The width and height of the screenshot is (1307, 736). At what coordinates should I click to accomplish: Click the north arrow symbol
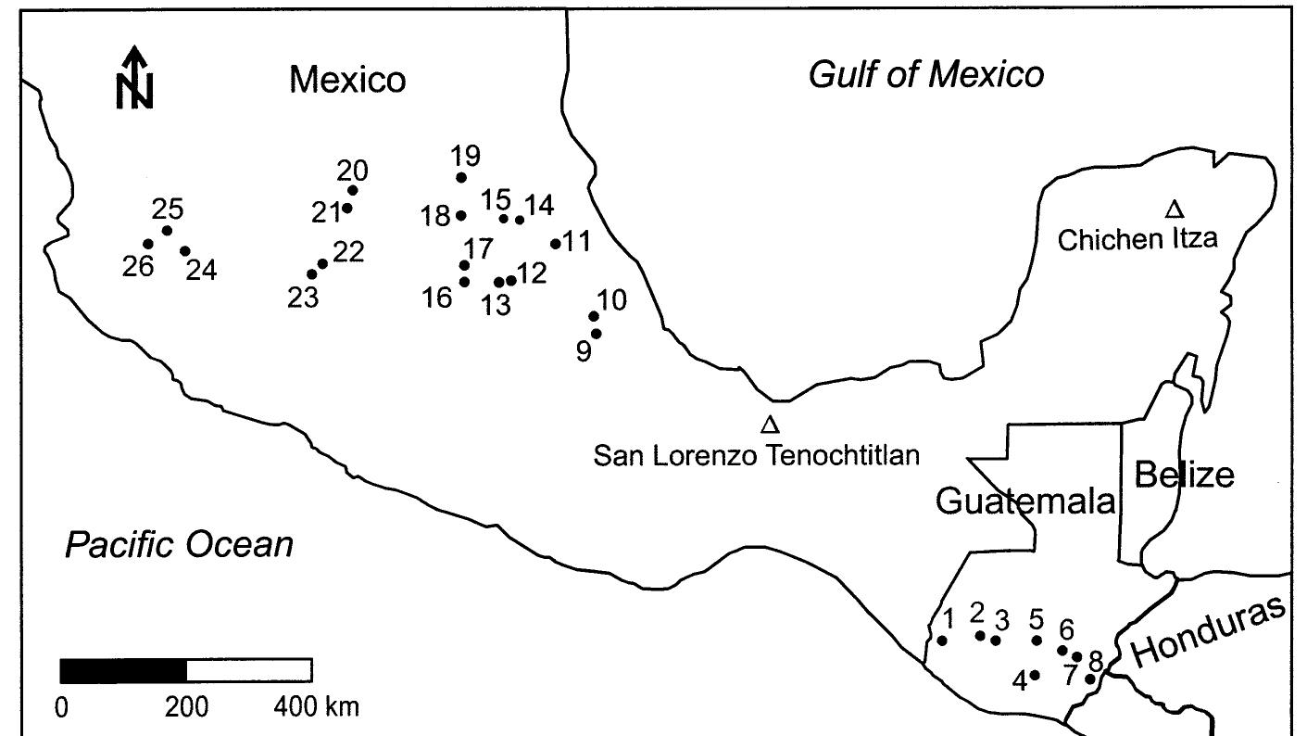(135, 78)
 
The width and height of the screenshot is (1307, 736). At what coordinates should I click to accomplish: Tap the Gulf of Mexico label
(925, 74)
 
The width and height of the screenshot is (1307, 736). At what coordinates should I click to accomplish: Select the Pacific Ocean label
(178, 544)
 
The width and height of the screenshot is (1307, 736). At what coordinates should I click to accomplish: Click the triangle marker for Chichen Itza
(1175, 209)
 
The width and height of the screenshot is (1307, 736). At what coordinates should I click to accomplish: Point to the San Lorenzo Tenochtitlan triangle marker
(769, 425)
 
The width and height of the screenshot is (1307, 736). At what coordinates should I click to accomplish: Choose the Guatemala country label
(1024, 501)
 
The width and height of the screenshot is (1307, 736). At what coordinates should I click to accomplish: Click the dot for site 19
(461, 177)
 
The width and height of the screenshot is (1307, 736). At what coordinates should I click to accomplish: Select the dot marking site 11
(556, 244)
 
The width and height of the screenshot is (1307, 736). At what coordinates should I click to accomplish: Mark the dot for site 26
(148, 244)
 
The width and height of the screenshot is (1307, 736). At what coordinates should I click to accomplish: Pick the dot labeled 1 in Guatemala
(942, 640)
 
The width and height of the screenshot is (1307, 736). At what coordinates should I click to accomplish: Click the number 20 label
(352, 171)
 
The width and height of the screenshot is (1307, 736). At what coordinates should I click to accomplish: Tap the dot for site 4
(1035, 675)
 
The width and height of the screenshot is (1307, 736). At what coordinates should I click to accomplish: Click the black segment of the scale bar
(123, 669)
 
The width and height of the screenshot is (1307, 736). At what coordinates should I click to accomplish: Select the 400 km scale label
(315, 707)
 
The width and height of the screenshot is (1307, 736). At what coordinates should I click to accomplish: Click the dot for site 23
(312, 273)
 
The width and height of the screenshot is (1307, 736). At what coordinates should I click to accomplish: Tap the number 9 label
(583, 353)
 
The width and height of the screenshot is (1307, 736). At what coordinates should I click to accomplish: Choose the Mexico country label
(347, 80)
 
